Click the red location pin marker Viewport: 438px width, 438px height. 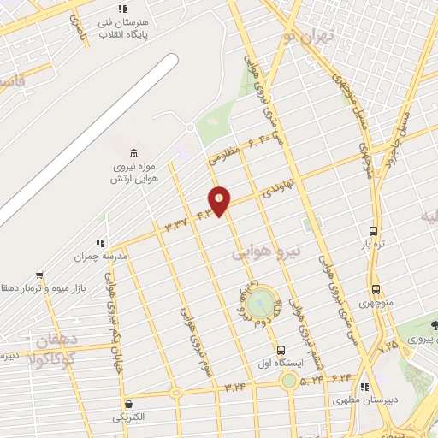click(220, 200)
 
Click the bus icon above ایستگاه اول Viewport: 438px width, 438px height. click(281, 350)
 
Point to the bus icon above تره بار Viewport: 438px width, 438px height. click(373, 231)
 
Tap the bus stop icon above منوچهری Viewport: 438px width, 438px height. click(376, 290)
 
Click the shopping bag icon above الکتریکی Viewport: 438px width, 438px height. click(127, 405)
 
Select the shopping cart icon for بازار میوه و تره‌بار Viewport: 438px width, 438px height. click(7, 287)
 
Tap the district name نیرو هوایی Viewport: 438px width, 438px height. click(268, 252)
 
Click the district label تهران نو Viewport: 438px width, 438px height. click(309, 35)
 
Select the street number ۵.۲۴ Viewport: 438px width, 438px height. click(311, 377)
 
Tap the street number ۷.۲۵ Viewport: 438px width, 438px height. click(388, 346)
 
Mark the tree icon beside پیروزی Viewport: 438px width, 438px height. click(435, 325)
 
